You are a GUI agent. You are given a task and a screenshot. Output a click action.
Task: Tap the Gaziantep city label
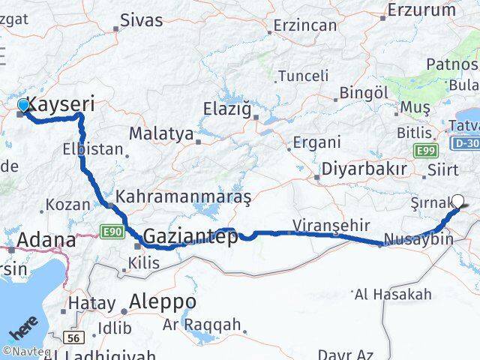tap(190, 237)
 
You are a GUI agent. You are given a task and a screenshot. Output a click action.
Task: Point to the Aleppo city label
tap(163, 301)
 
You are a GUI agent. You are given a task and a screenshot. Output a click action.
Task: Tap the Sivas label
tap(141, 20)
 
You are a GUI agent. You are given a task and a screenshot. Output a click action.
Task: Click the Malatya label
tap(161, 133)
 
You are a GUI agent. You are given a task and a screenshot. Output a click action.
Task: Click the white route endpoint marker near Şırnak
tap(459, 201)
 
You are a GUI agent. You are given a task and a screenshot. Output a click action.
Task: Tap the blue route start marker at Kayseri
tap(23, 106)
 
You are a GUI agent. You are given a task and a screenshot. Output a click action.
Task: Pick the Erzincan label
tap(305, 25)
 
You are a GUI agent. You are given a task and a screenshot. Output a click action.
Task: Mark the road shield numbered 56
tap(73, 338)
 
